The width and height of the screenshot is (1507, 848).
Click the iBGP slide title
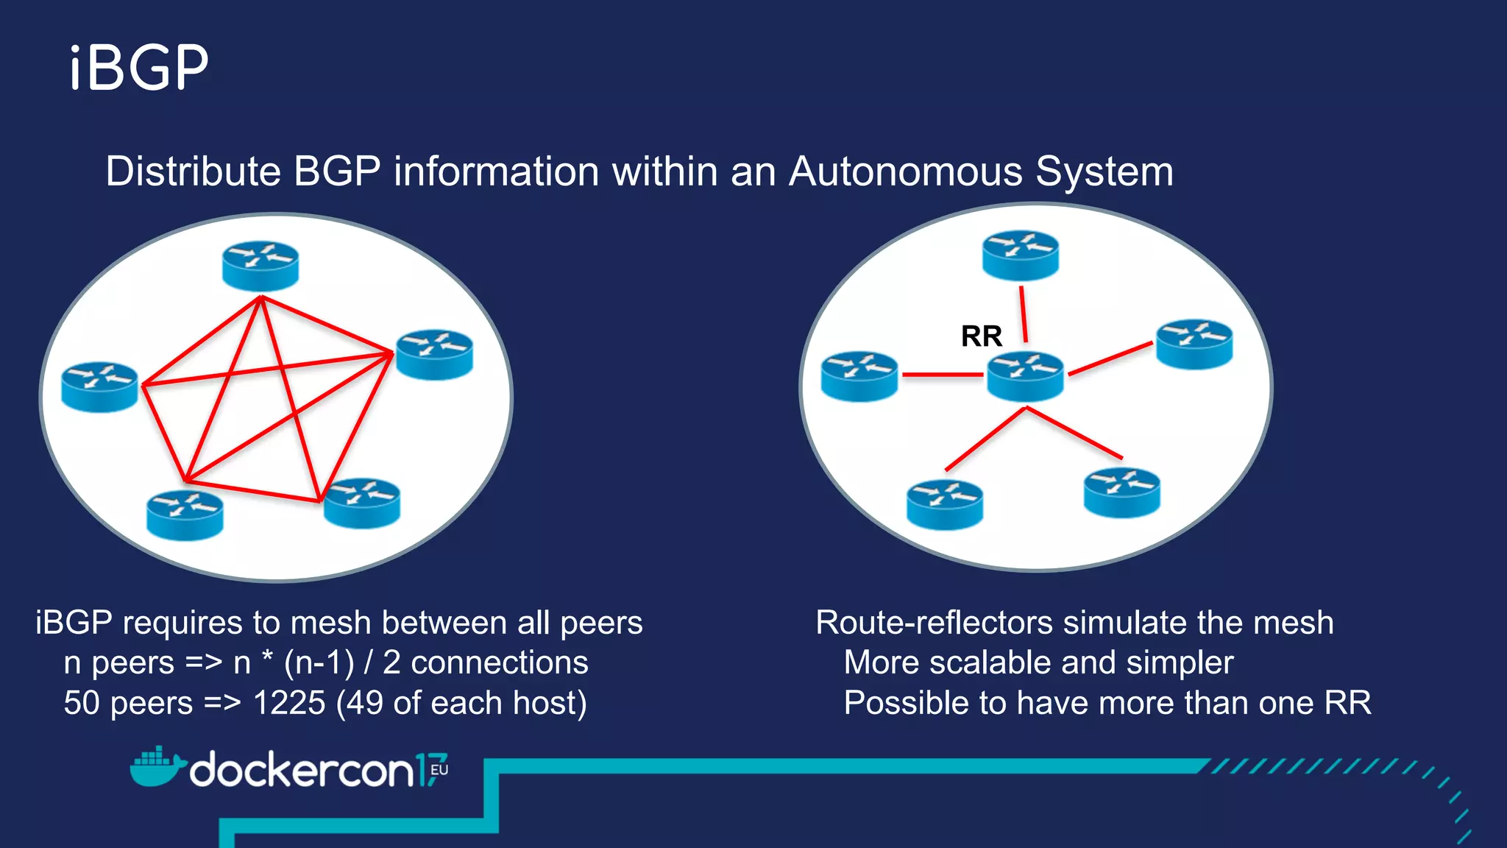[139, 68]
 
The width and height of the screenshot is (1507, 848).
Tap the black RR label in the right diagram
[981, 336]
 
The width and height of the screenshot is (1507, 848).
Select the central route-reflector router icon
[1025, 376]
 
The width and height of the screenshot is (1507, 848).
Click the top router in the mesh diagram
[260, 266]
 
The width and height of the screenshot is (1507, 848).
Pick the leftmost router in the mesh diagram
[99, 386]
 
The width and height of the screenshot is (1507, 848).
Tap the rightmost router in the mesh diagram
[434, 354]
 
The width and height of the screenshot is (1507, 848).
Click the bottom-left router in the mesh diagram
[185, 515]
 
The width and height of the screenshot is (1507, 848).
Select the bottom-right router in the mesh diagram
[361, 504]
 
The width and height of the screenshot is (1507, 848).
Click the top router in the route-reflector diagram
[1021, 255]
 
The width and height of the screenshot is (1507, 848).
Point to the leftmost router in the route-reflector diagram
[859, 376]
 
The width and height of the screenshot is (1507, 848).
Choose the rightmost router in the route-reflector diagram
[1194, 344]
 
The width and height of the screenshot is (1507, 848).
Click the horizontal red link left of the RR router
[942, 375]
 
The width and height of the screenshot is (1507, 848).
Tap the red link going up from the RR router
[1023, 314]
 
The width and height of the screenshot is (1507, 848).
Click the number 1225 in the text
[288, 703]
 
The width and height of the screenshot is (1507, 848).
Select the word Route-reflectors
[935, 623]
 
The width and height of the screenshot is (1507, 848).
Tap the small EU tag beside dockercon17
[439, 769]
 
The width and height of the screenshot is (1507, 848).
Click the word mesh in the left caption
[327, 623]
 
